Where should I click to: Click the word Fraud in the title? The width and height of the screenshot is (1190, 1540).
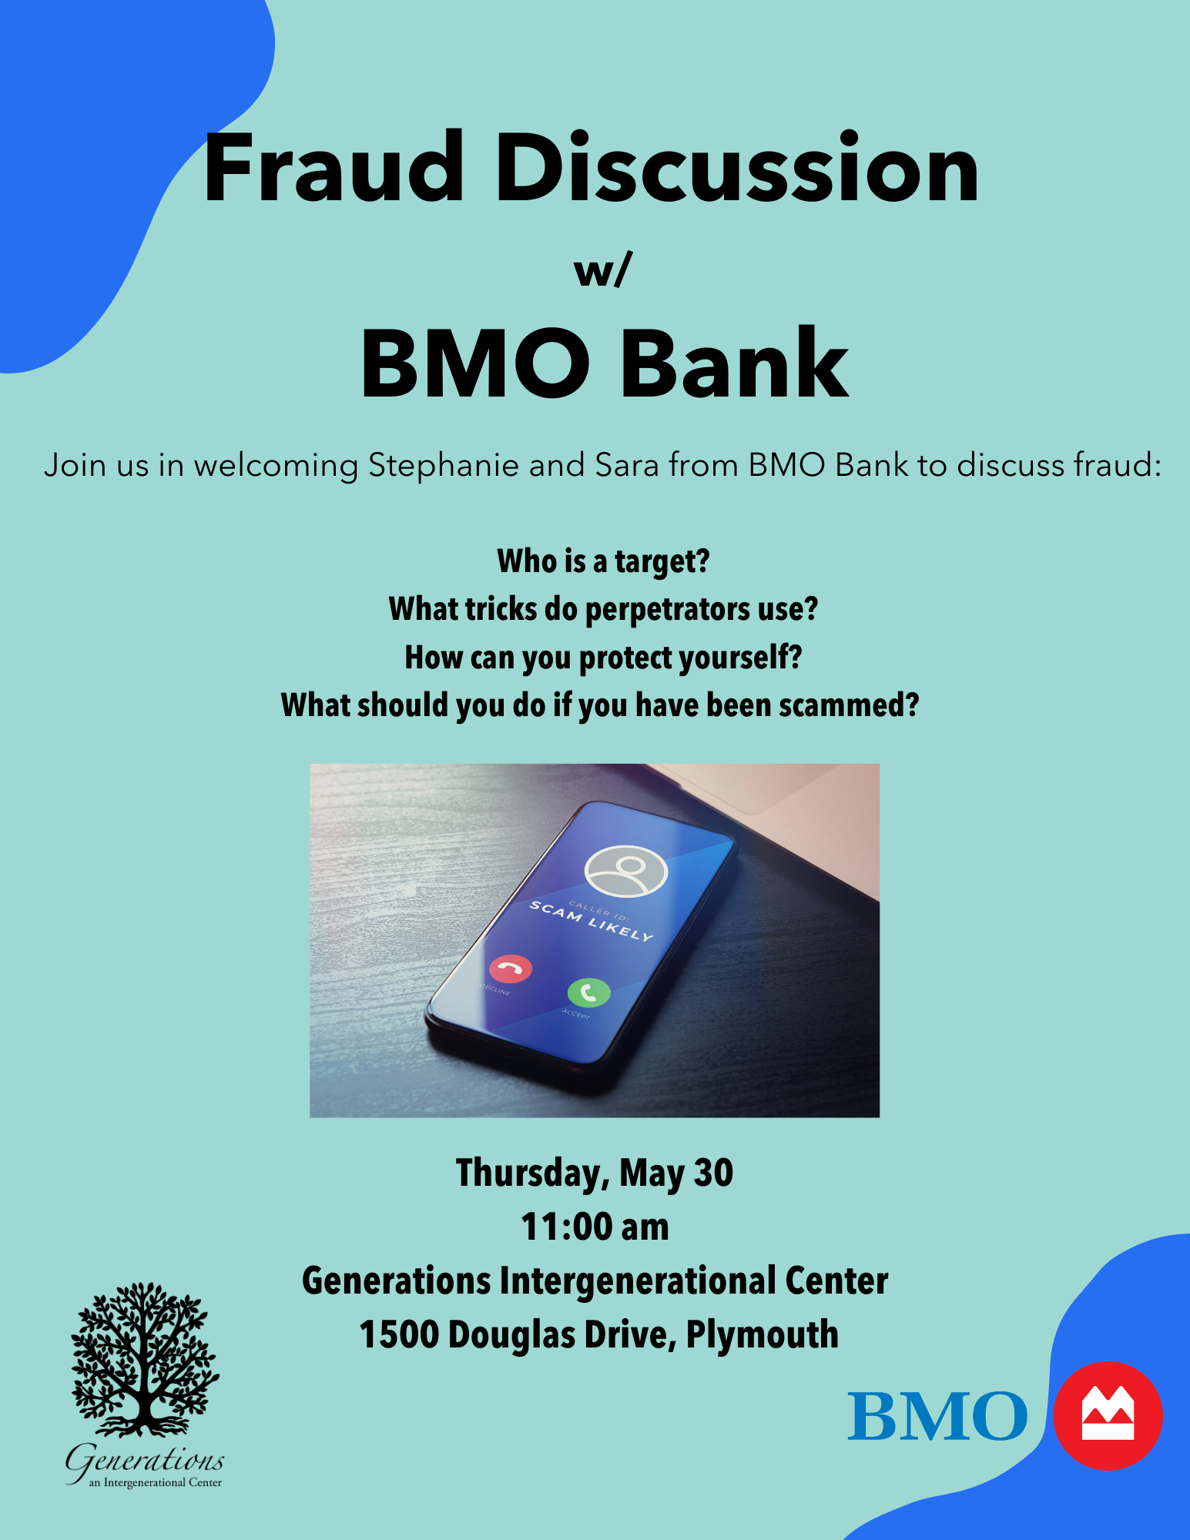334,168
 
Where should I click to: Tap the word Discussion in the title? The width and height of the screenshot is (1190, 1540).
738,167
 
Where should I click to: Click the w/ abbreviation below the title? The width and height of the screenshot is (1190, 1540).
603,270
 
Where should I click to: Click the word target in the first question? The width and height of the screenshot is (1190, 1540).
662,562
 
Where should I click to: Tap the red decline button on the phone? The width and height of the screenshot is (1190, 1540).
511,969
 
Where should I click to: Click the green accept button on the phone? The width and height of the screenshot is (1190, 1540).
589,993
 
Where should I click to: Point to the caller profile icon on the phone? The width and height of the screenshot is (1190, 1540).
626,871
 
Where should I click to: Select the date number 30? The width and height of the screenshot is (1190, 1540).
714,1173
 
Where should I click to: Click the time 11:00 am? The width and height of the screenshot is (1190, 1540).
595,1227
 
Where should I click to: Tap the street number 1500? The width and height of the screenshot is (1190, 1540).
399,1334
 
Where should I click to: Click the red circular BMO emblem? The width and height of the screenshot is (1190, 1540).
1108,1415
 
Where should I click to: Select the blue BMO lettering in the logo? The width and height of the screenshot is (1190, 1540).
937,1415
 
